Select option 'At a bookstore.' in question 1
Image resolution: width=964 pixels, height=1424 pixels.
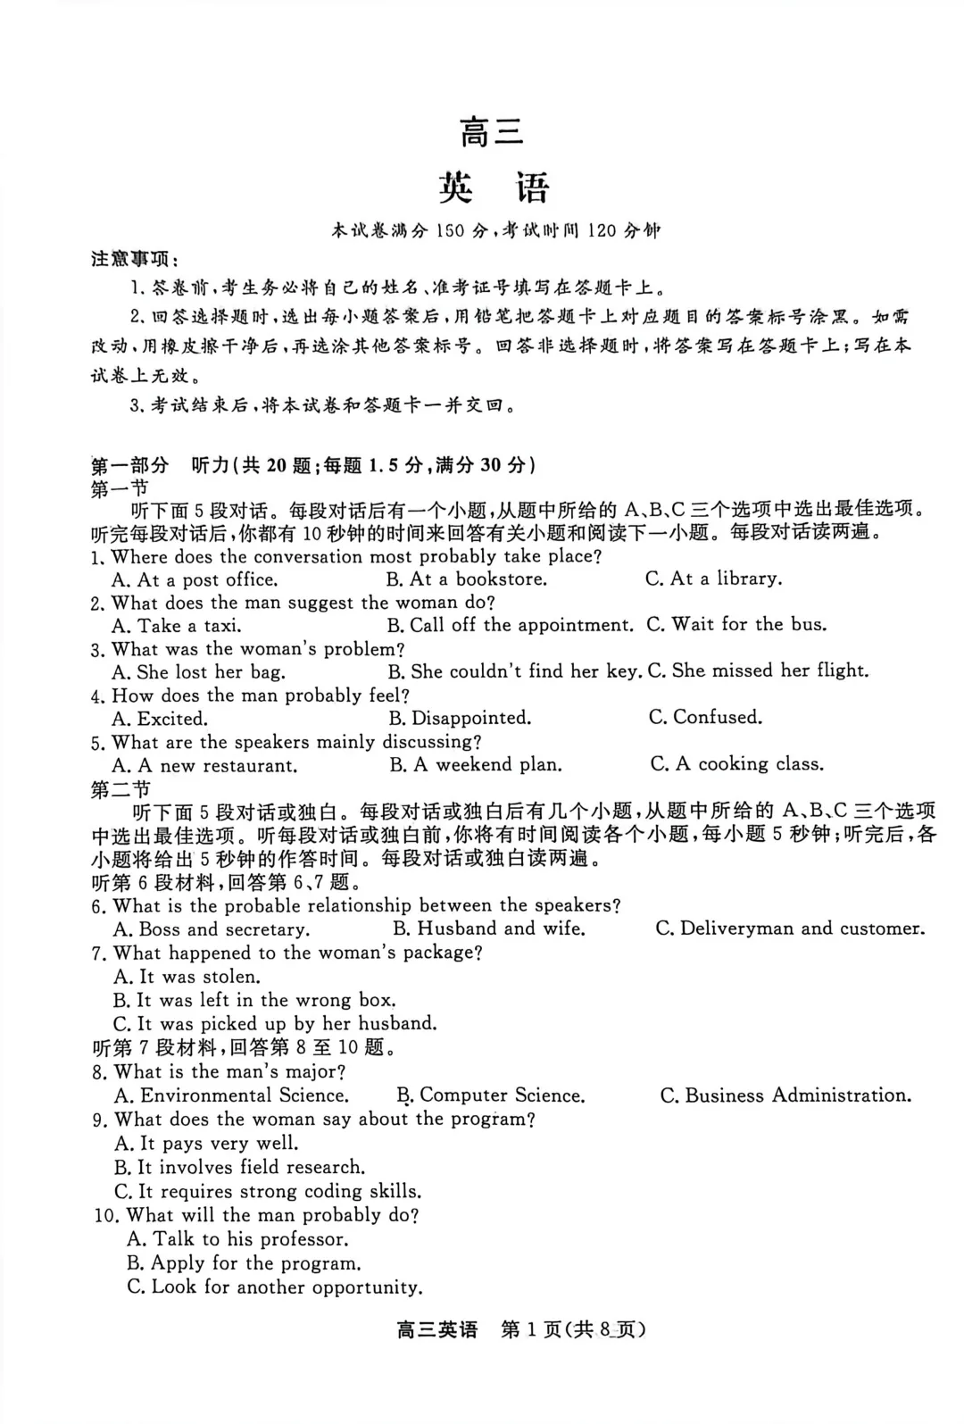point(467,579)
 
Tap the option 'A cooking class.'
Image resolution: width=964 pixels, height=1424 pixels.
point(737,764)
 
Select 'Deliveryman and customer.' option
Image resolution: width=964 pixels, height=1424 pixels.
point(791,929)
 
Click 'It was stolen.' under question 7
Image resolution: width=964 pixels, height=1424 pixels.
point(187,977)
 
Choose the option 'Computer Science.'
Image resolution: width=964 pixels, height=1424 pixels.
point(492,1095)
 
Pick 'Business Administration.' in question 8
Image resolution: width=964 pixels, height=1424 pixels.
point(786,1095)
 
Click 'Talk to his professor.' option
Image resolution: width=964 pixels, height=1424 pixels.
point(238,1239)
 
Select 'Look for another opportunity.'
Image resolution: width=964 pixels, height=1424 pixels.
point(275,1287)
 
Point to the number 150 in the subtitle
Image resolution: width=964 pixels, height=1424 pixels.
point(451,231)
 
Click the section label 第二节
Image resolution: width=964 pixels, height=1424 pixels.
point(120,789)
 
